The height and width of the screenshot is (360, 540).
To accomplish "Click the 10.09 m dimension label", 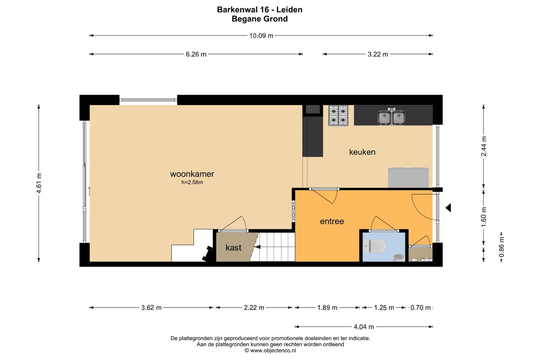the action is [x=261, y=36].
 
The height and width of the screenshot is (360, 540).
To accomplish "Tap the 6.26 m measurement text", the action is [x=196, y=54].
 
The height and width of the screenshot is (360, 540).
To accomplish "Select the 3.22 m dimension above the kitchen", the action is [x=378, y=54].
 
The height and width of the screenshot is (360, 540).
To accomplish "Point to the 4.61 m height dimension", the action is [x=39, y=183].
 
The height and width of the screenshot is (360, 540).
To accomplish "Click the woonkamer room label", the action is [x=192, y=174].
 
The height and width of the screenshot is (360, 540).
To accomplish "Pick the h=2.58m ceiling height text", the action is [x=192, y=182].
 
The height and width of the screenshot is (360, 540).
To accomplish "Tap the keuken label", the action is [x=362, y=152].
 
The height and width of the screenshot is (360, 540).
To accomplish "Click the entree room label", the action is [x=332, y=221].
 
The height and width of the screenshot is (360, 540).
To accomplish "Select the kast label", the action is [x=233, y=247].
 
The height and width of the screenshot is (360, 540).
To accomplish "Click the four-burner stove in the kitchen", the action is [x=338, y=115].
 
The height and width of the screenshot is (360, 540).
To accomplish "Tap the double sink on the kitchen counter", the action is [x=391, y=117].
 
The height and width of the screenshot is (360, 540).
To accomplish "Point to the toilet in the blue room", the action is [x=374, y=246].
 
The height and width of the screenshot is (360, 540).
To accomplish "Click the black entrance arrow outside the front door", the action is [x=448, y=208].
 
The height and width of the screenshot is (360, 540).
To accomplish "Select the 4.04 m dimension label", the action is [x=364, y=327].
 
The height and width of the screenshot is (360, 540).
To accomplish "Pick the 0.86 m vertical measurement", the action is [x=501, y=247].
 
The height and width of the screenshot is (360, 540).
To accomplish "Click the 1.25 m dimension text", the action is [x=384, y=307].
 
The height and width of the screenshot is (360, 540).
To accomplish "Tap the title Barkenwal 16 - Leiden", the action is [x=259, y=10].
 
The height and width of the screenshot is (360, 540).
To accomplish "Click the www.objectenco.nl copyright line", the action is [x=270, y=351].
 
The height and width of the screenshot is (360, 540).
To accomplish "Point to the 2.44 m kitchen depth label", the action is [x=484, y=146].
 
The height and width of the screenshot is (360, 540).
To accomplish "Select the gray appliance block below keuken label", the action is [x=408, y=178].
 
